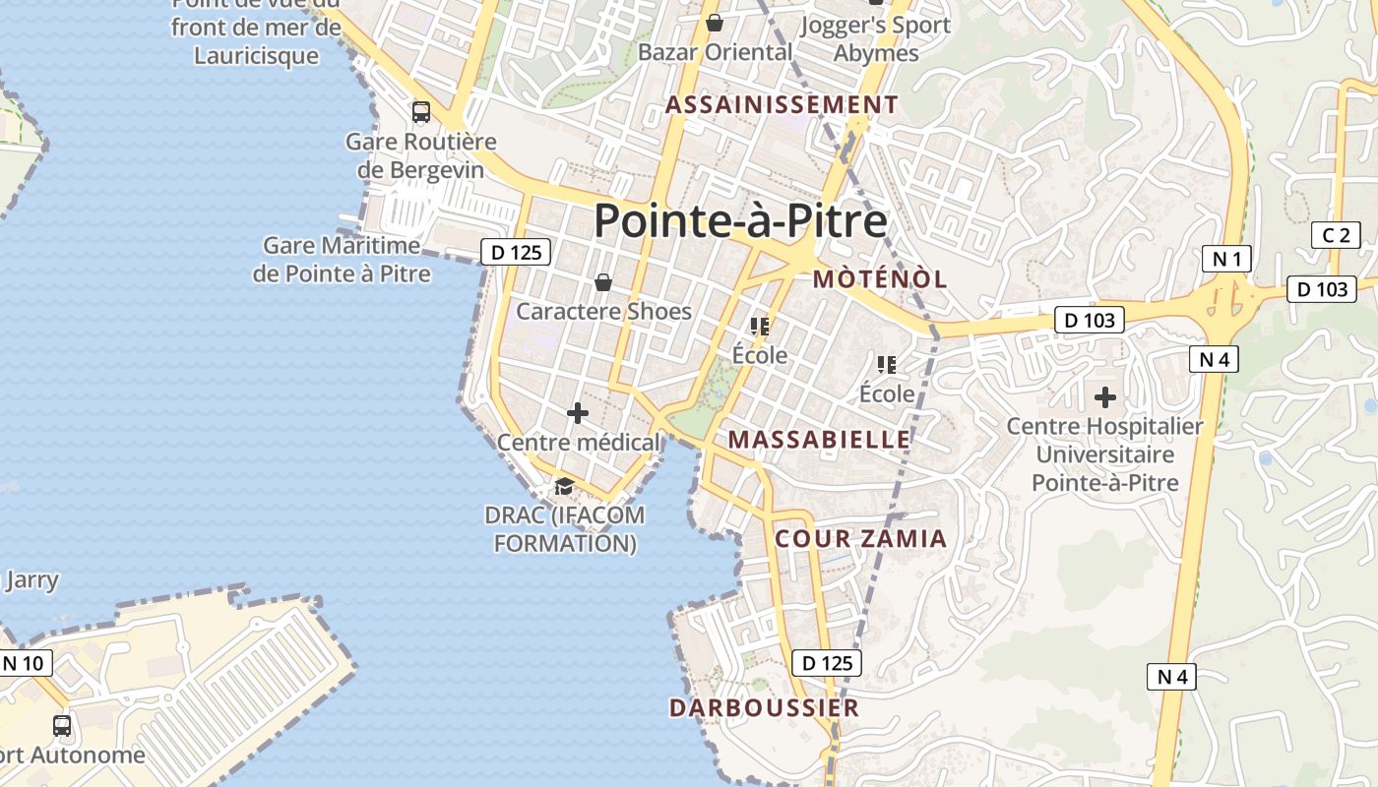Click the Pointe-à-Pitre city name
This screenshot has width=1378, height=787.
point(740,220)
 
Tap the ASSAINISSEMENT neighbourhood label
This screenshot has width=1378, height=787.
point(782,104)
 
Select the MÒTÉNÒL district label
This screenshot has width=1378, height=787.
point(880,278)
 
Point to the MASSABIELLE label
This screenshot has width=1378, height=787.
point(819,439)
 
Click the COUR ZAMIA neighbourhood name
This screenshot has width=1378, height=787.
point(860,538)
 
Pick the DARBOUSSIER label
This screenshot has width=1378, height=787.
point(764,707)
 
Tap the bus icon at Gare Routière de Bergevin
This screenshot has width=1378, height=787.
point(421,112)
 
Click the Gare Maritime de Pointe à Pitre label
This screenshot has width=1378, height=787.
point(342,259)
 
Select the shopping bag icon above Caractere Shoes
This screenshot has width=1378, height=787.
point(603,283)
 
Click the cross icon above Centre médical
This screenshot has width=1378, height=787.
point(578,413)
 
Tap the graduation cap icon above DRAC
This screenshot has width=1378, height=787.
point(564,486)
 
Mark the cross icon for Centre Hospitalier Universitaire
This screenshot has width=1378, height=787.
point(1104,397)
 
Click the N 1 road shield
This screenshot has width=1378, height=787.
point(1226,259)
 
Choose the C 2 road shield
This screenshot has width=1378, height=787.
point(1336,235)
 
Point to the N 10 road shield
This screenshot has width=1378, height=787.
point(24,663)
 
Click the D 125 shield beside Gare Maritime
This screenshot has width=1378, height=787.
point(516,252)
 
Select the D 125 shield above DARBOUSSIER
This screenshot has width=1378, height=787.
point(827,663)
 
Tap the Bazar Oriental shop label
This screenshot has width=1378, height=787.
point(715,51)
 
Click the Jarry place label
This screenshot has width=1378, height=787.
point(31,579)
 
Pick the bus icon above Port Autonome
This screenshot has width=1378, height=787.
point(62,726)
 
